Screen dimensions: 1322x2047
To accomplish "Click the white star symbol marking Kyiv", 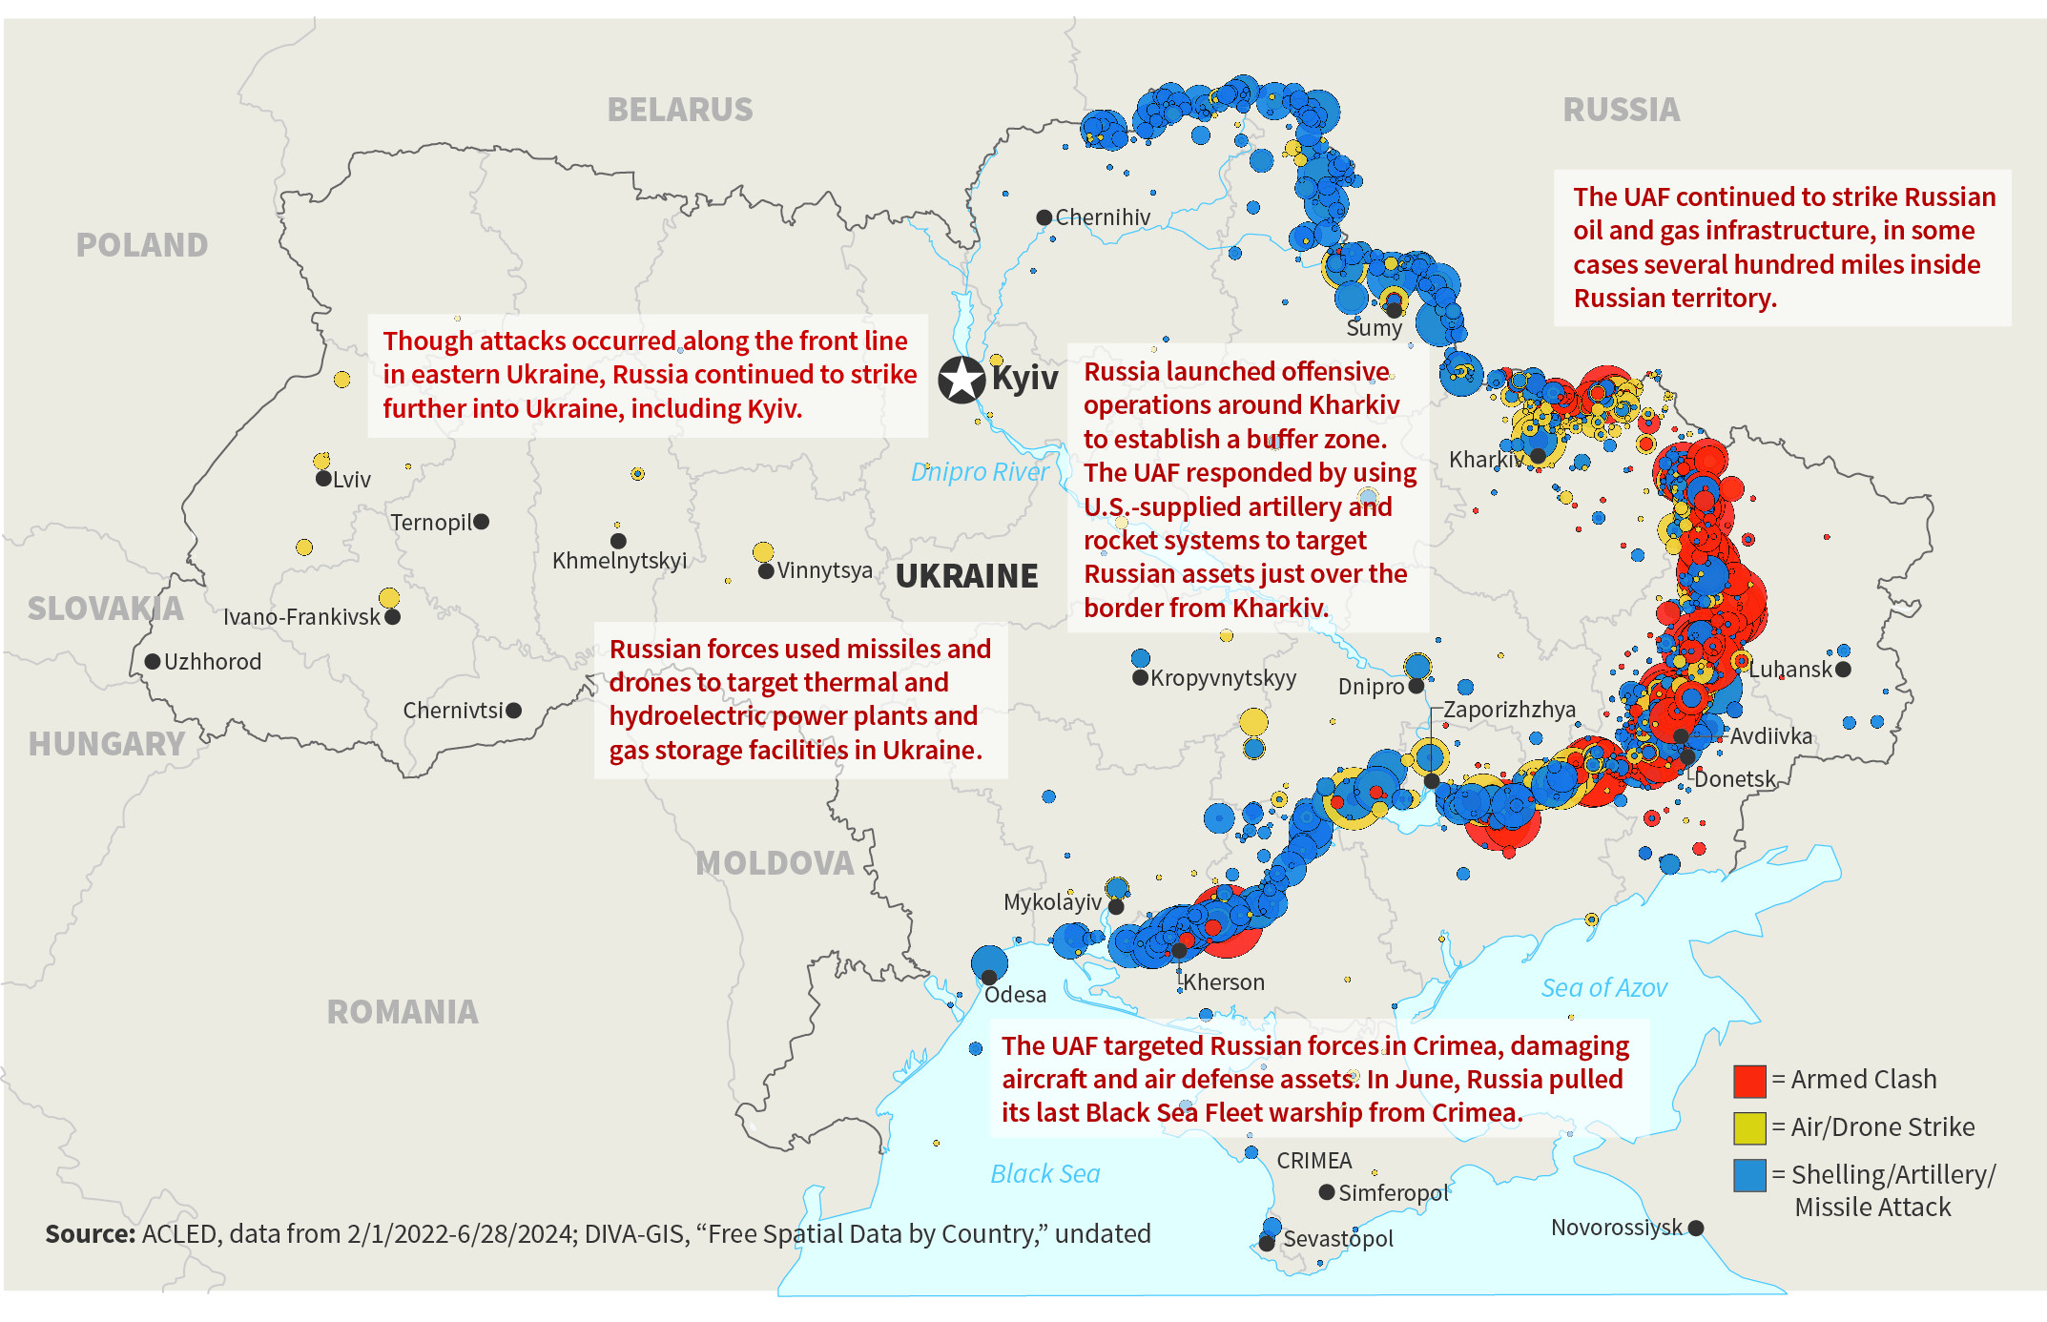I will (961, 380).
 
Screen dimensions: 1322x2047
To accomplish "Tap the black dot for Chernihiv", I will (1044, 217).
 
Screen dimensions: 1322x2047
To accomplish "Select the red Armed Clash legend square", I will (1749, 1081).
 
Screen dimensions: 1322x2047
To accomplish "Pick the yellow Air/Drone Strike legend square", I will (1749, 1127).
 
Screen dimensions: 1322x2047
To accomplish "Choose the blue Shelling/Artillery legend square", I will (1749, 1175).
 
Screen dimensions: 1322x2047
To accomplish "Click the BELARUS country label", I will (680, 110).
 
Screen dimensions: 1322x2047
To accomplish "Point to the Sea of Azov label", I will (1603, 988).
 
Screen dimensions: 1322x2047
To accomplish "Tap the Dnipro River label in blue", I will (979, 472).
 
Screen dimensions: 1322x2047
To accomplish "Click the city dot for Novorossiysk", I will (1696, 1228).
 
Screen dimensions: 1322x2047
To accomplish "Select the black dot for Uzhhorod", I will (153, 661).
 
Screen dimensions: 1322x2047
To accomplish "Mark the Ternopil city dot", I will (482, 522).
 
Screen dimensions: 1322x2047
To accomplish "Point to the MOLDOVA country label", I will (775, 863).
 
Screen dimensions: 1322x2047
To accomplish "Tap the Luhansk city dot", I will (1843, 670).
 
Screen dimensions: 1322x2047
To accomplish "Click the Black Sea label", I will (1044, 1174).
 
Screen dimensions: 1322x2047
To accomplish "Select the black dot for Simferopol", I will (1327, 1192).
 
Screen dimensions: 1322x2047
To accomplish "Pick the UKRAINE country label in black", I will (966, 576).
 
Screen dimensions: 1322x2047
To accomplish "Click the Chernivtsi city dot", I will (514, 711).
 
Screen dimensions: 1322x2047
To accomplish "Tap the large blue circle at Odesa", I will (989, 962).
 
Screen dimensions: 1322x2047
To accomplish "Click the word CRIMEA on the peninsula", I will (1313, 1161).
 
